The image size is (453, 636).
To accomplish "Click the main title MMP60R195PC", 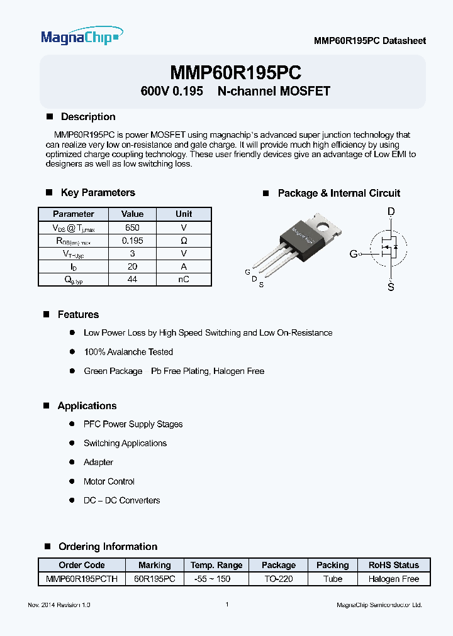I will point(235,72).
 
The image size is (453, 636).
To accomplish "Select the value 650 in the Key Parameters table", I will point(132,228).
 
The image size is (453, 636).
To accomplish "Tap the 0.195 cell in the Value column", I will point(132,241).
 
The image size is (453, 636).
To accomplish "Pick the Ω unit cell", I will point(184,241).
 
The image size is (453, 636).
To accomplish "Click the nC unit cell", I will point(184,279).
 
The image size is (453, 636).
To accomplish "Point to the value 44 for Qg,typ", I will point(132,279).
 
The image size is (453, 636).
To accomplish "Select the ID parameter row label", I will point(73,266).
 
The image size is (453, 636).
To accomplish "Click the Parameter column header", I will point(73,214).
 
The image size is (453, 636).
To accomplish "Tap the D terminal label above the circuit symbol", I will point(391,212).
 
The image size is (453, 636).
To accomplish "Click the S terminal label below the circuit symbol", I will point(391,288).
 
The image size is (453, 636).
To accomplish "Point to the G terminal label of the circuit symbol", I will point(354,254).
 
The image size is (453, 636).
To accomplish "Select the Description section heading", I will point(88,117).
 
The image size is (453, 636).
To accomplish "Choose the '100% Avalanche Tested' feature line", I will point(128,352).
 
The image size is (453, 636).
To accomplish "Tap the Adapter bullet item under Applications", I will point(98,463).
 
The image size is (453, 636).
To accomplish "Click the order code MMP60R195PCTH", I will point(82,579).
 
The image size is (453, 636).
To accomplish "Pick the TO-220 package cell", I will point(278,579).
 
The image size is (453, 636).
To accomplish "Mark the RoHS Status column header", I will point(393,565).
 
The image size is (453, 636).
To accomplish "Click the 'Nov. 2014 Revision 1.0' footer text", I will point(60,605).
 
